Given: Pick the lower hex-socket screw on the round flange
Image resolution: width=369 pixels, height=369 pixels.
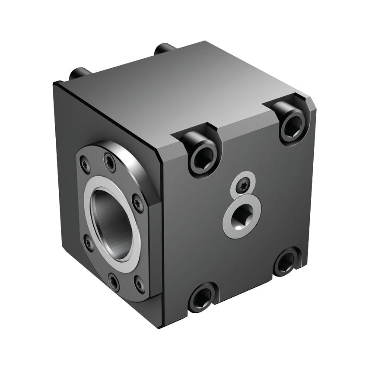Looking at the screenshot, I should (114, 283).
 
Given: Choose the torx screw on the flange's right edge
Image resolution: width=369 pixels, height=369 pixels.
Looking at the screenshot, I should (138, 201).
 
